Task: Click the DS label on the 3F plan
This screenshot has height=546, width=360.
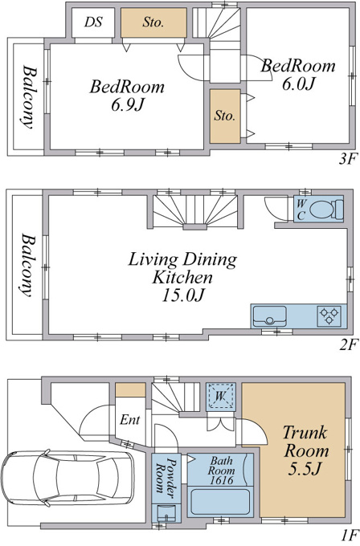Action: tap(93, 22)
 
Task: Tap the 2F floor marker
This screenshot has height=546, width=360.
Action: tap(349, 344)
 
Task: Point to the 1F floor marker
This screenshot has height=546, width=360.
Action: tap(350, 534)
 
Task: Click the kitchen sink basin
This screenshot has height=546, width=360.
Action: tap(270, 316)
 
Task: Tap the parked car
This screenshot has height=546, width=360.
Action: tap(67, 478)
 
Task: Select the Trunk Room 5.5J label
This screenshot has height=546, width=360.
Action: tap(305, 450)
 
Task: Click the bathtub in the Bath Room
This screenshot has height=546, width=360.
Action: tap(219, 502)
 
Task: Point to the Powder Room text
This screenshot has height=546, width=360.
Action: tap(166, 475)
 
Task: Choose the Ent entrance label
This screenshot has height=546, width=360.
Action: tap(129, 420)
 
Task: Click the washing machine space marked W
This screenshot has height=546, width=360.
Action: tap(221, 397)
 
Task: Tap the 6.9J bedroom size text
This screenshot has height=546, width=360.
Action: tap(127, 104)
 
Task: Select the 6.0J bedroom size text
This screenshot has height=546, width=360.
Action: tap(298, 84)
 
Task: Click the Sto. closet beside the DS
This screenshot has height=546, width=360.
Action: tap(153, 22)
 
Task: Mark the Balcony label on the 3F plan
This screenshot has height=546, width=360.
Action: tap(27, 97)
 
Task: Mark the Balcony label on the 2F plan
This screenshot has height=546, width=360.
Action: tap(27, 265)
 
